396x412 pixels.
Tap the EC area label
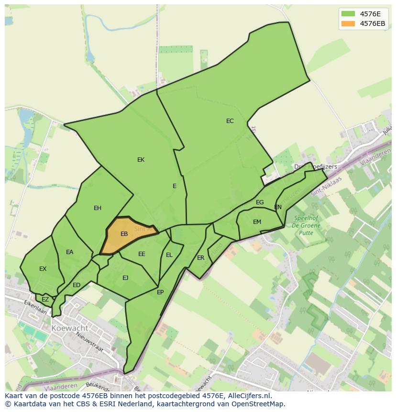[230, 121]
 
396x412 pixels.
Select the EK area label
[141, 160]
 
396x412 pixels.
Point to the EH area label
[98, 208]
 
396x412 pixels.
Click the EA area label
[70, 252]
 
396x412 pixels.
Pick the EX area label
[43, 269]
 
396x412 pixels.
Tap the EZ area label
[45, 300]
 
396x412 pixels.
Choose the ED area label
[77, 285]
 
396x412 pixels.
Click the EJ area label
[125, 278]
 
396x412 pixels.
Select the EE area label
[142, 254]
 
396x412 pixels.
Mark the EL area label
[169, 255]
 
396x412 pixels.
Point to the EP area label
[160, 292]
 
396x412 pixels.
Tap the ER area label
[201, 258]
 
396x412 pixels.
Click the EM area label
[257, 222]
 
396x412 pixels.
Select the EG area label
[260, 202]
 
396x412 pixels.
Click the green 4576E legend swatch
[348, 13]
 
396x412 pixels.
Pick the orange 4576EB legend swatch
[348, 23]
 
